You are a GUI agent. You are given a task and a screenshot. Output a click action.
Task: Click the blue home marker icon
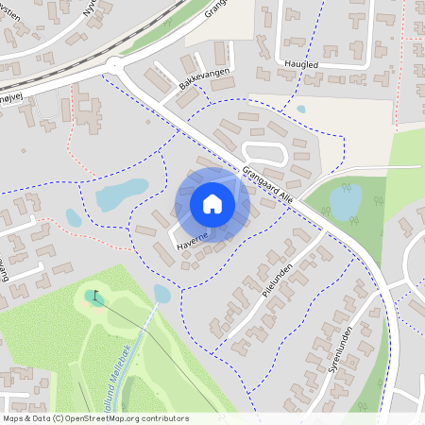(212, 203)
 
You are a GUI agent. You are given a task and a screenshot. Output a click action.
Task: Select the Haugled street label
(301, 63)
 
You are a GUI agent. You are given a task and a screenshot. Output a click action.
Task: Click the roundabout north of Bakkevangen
(116, 65)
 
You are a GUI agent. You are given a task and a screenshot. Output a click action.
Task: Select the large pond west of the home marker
(122, 195)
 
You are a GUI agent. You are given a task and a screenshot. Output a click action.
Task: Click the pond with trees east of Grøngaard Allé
(346, 201)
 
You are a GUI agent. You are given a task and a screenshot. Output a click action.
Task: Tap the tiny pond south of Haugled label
(301, 109)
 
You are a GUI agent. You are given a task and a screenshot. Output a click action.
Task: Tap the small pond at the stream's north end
(162, 295)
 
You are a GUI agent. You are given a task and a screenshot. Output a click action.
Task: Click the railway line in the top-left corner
(57, 42)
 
